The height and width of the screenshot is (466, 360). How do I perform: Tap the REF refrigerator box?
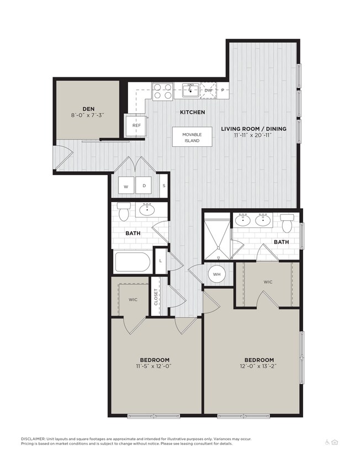tap(136, 125)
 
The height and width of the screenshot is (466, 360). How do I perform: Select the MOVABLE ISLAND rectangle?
tap(192, 137)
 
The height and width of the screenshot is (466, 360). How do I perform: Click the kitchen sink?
tap(191, 89)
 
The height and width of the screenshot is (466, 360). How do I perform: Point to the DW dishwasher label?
tap(208, 90)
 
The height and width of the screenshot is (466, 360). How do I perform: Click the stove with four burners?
tap(162, 91)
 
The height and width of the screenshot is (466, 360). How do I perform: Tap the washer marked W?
tap(125, 186)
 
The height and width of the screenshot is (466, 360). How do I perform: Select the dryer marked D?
tap(144, 186)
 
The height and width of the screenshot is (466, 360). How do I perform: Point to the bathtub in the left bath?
tap(133, 262)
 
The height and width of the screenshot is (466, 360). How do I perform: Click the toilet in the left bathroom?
tap(123, 211)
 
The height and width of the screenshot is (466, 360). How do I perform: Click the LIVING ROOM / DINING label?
tap(254, 129)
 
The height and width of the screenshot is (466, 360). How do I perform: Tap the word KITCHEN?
tap(192, 112)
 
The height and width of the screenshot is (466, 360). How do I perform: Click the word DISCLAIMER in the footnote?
tap(37, 438)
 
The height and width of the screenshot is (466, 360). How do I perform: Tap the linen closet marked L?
tap(160, 260)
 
